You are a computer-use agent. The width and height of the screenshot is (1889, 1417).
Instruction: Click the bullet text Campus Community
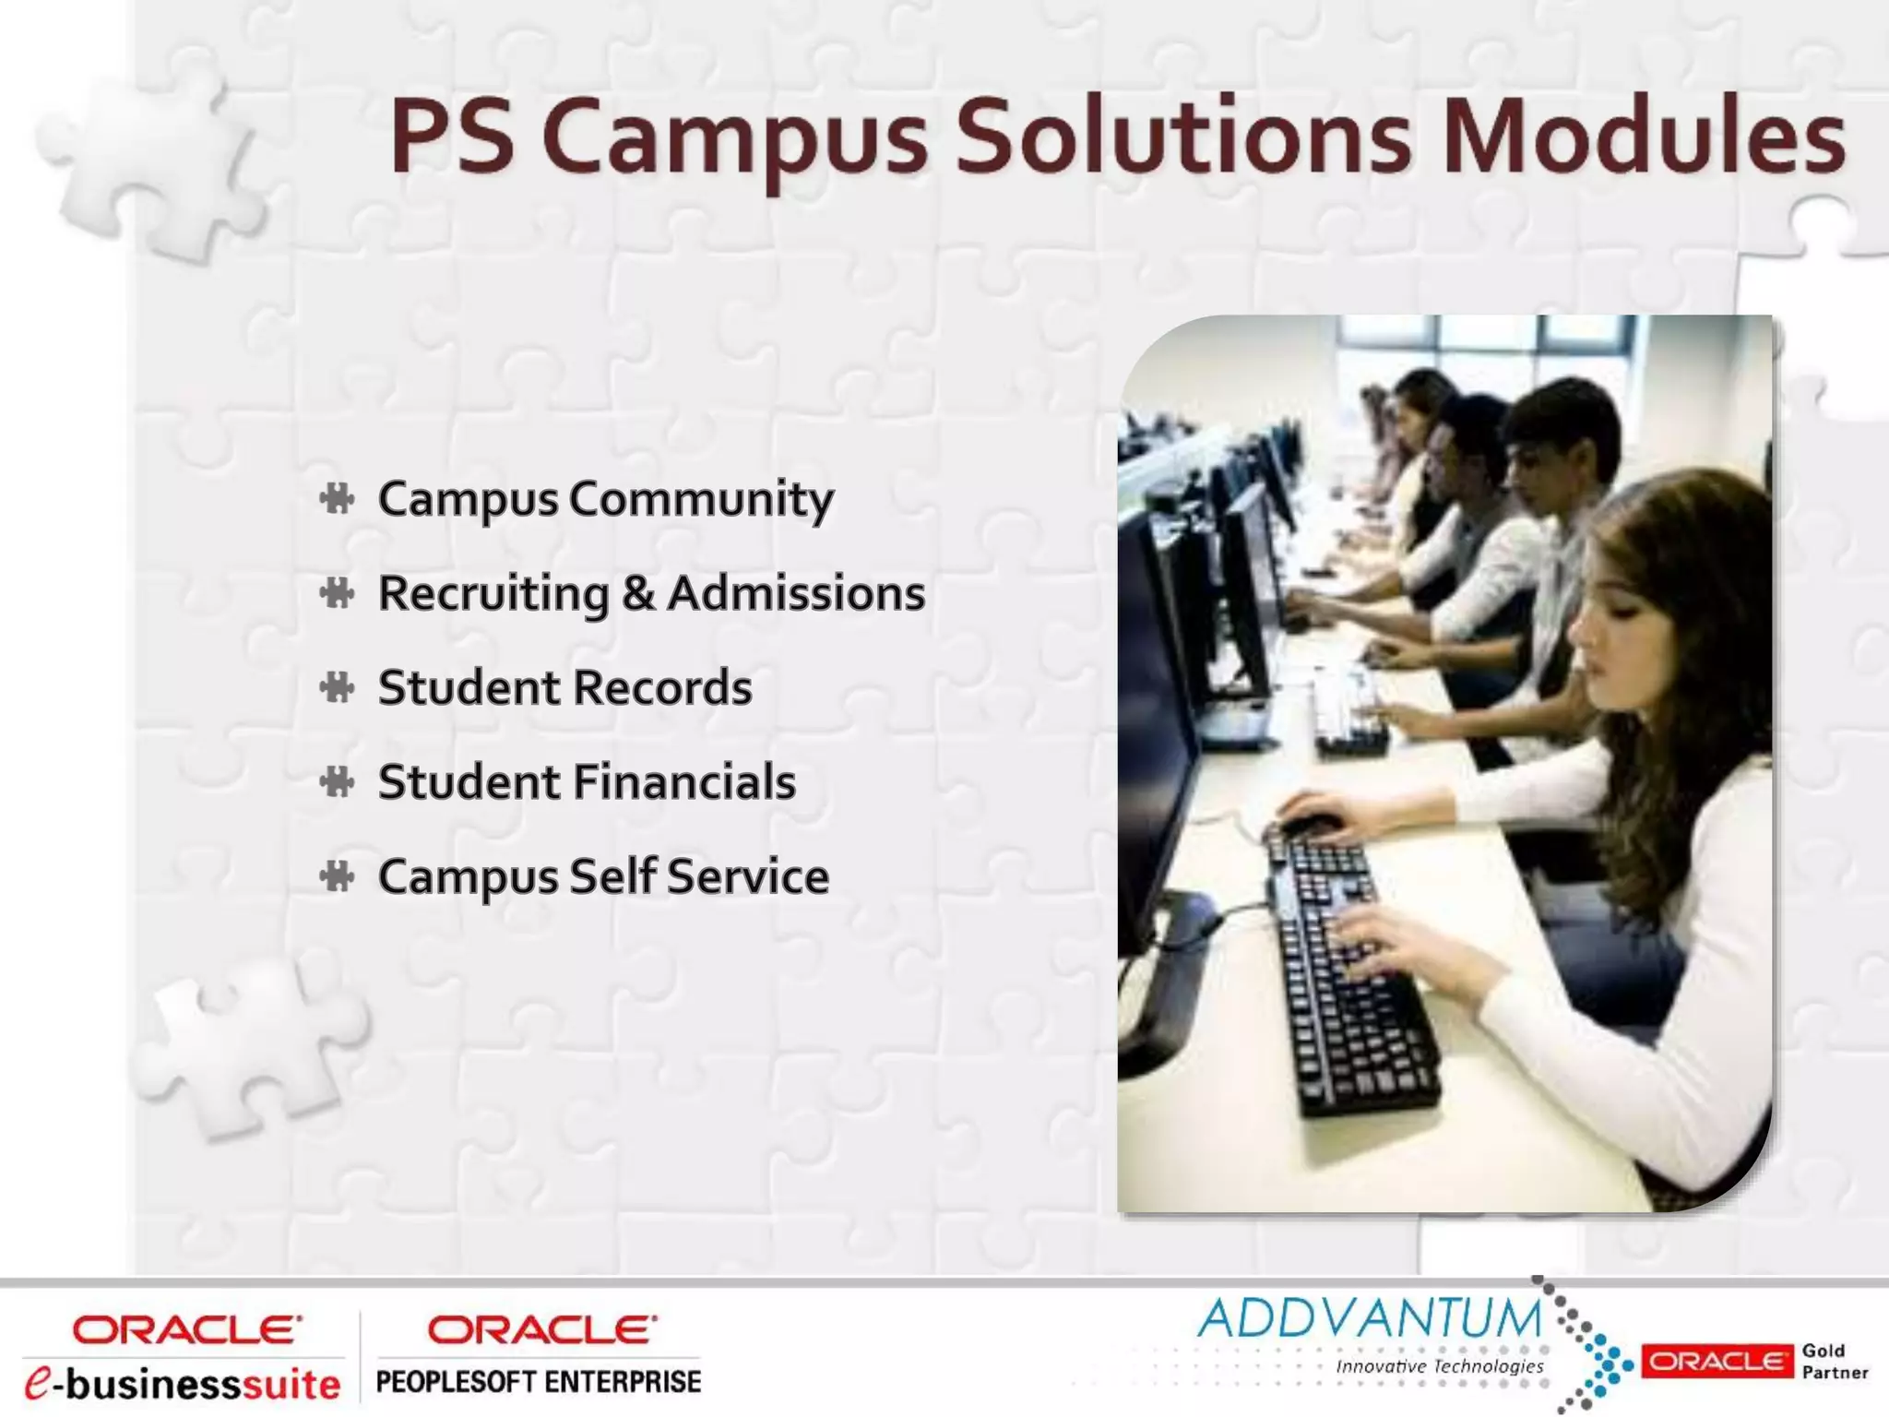[605, 499]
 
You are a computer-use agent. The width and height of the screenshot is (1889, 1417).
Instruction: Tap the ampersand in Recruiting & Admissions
[638, 593]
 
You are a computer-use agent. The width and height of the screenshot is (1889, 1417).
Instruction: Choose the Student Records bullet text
[564, 688]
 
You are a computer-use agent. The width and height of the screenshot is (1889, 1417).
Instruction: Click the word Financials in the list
[683, 782]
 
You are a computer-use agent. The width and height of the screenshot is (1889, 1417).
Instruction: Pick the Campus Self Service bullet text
[603, 876]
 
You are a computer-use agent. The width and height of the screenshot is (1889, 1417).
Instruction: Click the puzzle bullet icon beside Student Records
[338, 688]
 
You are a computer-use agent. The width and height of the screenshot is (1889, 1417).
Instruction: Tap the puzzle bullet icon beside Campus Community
[338, 499]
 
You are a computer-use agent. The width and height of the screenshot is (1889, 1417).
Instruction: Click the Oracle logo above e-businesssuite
[186, 1329]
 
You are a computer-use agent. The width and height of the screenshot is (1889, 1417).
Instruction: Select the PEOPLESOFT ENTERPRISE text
[539, 1382]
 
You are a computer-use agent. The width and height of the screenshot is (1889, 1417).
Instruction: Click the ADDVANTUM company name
[1370, 1319]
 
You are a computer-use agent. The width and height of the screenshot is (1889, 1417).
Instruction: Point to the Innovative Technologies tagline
[1439, 1366]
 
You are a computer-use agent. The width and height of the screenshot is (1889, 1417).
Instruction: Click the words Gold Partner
[1834, 1362]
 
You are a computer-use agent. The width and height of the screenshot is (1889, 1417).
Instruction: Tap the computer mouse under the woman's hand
[1310, 824]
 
